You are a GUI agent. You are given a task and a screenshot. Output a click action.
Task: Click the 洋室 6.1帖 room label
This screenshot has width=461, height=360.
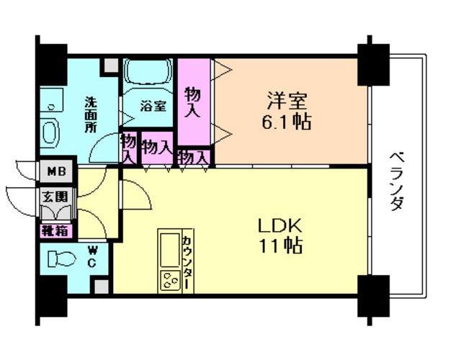(286, 110)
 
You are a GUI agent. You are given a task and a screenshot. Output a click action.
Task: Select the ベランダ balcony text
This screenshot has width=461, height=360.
(396, 180)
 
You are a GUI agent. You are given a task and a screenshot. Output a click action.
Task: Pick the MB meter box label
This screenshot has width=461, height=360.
(55, 172)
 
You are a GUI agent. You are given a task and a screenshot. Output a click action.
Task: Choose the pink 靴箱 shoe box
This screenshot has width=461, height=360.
(55, 231)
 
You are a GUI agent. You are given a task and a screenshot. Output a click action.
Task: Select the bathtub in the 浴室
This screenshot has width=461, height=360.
(148, 73)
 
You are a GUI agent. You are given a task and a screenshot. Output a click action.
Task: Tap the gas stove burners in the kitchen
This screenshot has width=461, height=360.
(171, 281)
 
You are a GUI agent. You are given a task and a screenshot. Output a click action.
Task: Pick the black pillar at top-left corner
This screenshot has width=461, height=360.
(53, 61)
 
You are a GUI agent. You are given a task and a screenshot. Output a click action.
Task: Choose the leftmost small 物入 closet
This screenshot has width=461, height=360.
(129, 148)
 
